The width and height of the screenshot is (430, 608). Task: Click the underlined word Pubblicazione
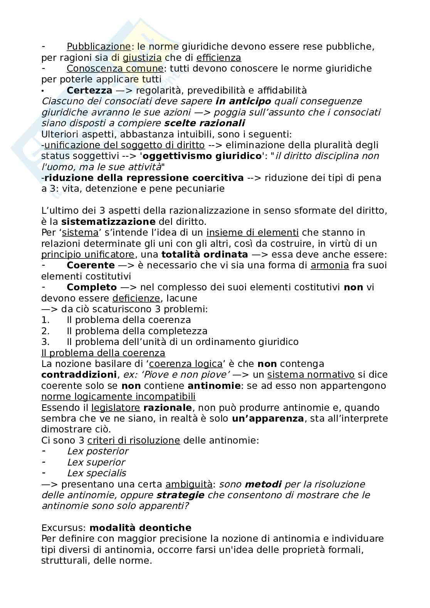point(99,47)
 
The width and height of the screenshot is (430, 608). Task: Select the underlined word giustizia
point(142,58)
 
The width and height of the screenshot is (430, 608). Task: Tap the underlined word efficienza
point(218,58)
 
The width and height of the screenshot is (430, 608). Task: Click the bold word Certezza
point(89,90)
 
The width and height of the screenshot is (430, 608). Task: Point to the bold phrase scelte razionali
point(204,123)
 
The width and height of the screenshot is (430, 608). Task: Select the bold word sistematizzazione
point(108,222)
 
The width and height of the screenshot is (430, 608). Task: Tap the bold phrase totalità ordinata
point(205,255)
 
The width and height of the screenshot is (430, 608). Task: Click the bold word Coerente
point(91,265)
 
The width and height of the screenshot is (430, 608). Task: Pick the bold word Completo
point(92,287)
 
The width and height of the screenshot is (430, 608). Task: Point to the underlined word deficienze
point(136,298)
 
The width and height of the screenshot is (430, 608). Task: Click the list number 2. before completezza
point(45,331)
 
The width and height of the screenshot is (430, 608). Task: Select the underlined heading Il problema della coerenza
point(103,353)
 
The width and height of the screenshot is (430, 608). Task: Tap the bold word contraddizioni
point(79,375)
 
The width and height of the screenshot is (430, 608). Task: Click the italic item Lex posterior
point(97,451)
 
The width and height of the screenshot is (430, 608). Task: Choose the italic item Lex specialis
point(96,473)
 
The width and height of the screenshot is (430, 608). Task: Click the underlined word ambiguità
point(189,484)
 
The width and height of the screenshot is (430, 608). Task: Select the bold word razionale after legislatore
point(167,408)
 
